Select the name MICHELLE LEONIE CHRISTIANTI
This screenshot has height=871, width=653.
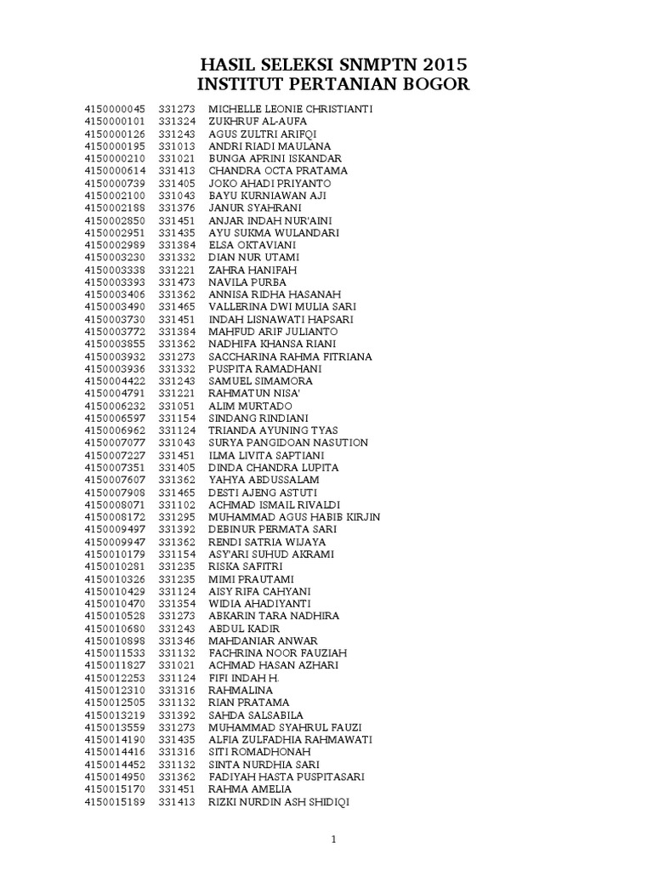click(290, 110)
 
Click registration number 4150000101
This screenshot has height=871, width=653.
click(115, 122)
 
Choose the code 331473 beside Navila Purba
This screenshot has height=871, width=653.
click(177, 282)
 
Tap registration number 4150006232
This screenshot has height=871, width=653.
click(115, 406)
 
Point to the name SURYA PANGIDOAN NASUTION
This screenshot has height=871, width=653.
click(288, 442)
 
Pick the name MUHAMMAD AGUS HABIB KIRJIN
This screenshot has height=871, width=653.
click(294, 517)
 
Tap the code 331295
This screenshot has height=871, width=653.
click(177, 517)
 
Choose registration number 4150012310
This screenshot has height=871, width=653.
click(115, 690)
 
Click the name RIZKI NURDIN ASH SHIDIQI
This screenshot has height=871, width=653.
click(279, 802)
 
